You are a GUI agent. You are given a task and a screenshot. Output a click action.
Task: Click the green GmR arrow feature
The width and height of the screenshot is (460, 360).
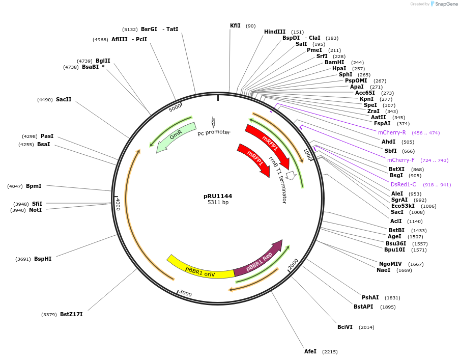176,136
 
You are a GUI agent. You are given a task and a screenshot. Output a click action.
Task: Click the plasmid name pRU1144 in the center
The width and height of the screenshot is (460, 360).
218,196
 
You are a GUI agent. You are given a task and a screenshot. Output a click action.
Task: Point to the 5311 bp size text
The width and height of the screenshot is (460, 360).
218,203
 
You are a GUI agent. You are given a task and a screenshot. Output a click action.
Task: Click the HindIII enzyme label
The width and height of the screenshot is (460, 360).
275,32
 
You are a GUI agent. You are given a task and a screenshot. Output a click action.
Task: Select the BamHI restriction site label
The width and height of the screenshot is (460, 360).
334,63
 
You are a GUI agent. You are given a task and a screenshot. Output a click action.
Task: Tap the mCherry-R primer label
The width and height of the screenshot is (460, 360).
392,132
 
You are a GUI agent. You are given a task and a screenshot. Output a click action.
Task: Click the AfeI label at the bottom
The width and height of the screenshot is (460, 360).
310,351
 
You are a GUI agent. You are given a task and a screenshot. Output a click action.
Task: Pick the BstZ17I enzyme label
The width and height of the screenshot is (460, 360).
71,314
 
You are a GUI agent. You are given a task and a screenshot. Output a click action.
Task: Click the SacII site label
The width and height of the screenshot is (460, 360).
64,99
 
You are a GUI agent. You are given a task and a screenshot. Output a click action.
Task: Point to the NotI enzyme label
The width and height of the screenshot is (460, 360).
35,210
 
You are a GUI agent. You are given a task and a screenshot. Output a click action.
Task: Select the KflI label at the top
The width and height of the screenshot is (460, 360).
235,25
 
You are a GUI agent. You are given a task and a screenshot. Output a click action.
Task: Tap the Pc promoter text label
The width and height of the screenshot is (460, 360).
214,132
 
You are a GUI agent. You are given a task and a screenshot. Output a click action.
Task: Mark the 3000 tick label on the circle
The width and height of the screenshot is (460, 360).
185,294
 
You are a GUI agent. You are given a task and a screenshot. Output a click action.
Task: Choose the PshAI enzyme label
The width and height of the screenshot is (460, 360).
370,297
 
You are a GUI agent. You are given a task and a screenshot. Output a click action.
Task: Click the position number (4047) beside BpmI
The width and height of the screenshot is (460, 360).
15,186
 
